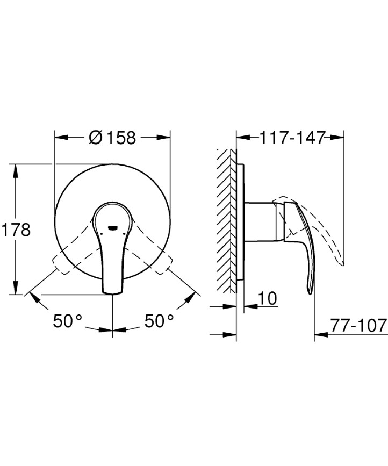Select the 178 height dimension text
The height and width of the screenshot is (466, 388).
coord(16,230)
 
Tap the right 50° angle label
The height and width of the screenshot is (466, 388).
coord(160,321)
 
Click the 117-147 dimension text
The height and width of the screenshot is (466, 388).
coord(292,138)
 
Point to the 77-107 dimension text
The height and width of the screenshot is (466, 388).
coord(358,326)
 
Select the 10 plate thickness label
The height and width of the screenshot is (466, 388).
coord(267,299)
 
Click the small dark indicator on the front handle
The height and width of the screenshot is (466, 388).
coord(112,227)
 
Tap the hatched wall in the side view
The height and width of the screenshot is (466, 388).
coord(226,220)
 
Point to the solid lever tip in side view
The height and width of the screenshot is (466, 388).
coord(310,290)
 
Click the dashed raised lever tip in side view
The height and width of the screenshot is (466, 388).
coord(341,262)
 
